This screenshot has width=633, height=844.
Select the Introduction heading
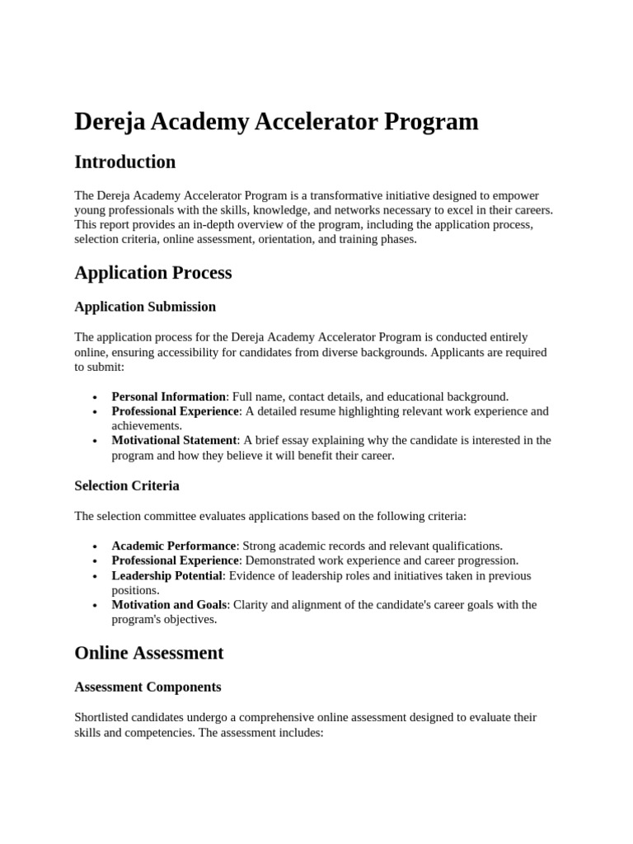(x=125, y=162)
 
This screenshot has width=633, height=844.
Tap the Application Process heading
(x=153, y=273)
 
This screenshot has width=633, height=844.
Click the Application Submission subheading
(x=145, y=307)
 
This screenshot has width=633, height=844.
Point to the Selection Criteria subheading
(x=127, y=485)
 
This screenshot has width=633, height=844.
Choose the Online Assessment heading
(x=149, y=653)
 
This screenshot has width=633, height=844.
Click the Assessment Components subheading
(x=148, y=687)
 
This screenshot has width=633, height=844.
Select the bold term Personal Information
(x=168, y=396)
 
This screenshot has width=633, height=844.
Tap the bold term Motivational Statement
(x=175, y=440)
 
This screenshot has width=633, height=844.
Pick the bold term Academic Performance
(x=174, y=546)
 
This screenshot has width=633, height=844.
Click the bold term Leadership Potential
(x=167, y=575)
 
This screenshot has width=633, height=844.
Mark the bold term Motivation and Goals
(x=169, y=604)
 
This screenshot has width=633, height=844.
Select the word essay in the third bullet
(x=292, y=440)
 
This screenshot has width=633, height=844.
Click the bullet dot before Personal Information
(x=96, y=397)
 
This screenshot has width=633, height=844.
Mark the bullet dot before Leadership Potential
(x=96, y=576)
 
